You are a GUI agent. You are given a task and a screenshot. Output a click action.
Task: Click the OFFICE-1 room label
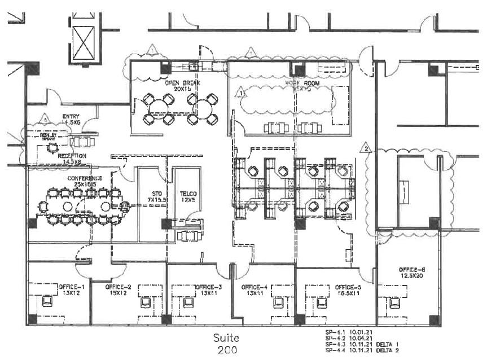point(71,287)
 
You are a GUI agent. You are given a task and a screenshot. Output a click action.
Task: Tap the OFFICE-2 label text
point(118,287)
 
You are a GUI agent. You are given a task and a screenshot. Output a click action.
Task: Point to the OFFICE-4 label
point(253,287)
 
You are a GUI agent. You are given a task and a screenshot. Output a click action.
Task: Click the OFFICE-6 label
point(411,269)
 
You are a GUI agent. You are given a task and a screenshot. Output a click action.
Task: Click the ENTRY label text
point(71,117)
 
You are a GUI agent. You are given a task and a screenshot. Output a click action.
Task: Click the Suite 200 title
point(226,344)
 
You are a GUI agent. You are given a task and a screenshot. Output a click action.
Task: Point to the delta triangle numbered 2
point(366,149)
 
